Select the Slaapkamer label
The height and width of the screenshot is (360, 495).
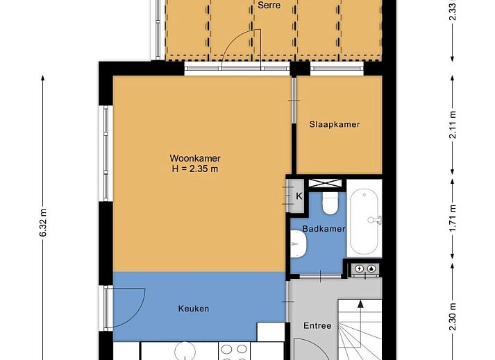click(x=335, y=125)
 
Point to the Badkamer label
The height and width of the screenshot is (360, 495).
click(x=324, y=230)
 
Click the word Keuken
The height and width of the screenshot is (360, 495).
click(x=193, y=309)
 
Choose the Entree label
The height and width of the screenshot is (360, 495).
click(x=317, y=325)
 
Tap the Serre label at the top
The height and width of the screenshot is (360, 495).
click(x=269, y=5)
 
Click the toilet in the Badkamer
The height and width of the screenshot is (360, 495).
click(x=330, y=203)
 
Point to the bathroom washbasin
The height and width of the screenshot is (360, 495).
click(x=299, y=243)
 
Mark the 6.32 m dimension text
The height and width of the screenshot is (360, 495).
click(x=43, y=223)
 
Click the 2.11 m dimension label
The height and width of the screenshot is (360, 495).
click(x=453, y=125)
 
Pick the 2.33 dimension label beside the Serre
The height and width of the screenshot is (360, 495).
click(x=453, y=12)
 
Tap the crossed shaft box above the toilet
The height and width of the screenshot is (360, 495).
click(x=326, y=184)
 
